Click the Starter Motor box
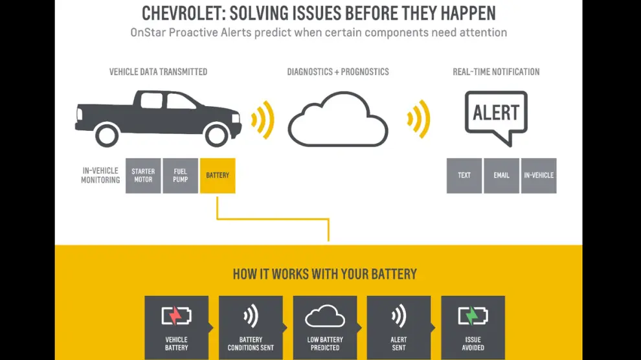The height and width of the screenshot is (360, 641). click(143, 175)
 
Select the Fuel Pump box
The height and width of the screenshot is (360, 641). click(180, 175)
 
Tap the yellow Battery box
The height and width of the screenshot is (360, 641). click(218, 175)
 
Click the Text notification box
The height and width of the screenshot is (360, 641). click(464, 175)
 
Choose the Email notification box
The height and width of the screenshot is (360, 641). click(501, 175)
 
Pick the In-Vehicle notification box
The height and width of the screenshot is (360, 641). click(539, 175)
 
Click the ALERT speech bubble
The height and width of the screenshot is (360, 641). click(496, 114)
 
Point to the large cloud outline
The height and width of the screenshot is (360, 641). click(337, 120)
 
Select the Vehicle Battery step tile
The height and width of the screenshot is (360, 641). click(176, 328)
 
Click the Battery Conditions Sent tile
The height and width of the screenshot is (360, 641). click(251, 328)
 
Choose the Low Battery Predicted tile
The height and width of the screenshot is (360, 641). click(325, 328)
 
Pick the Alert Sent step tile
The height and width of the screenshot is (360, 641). click(399, 328)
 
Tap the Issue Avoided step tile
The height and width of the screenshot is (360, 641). click(473, 328)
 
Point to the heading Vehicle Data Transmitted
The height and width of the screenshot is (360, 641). click(158, 72)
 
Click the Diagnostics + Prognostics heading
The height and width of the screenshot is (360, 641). click(338, 72)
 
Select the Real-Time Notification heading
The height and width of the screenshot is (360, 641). click(496, 72)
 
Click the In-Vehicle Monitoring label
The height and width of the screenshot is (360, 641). click(100, 175)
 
